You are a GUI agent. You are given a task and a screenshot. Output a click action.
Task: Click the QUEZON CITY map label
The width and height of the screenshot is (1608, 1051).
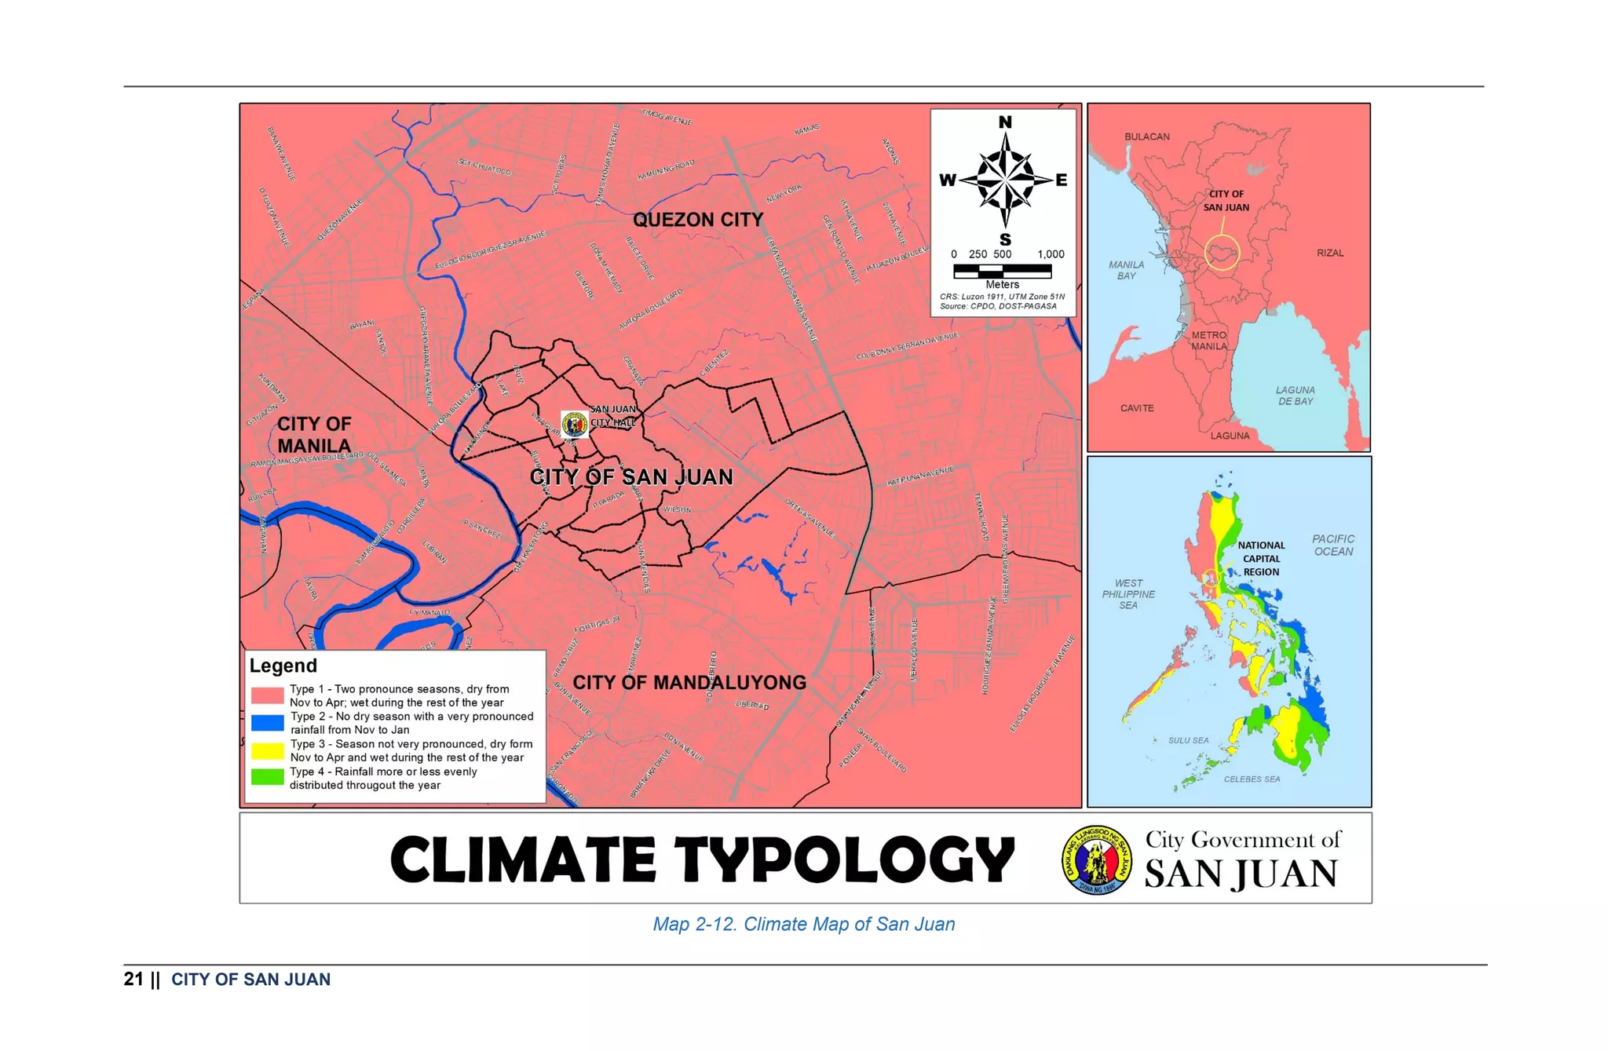click(698, 220)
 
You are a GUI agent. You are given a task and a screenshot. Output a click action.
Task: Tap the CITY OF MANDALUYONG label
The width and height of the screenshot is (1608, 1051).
click(689, 682)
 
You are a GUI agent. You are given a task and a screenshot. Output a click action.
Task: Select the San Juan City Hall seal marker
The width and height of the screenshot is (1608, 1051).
click(575, 425)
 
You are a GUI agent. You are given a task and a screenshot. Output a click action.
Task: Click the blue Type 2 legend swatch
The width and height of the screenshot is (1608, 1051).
click(267, 723)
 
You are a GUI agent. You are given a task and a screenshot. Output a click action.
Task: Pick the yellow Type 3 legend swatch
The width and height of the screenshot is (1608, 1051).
click(267, 750)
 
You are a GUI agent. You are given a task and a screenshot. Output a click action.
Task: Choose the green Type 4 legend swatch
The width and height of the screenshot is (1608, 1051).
click(267, 777)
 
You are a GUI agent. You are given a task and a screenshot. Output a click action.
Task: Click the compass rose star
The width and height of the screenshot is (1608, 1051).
click(1005, 180)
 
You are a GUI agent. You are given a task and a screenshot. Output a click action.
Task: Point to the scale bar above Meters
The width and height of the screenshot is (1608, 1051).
click(1002, 271)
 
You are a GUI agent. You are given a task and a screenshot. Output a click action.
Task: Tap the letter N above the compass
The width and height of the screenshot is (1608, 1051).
click(1005, 122)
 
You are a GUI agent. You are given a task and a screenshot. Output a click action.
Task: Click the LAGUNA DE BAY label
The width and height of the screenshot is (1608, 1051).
click(1295, 396)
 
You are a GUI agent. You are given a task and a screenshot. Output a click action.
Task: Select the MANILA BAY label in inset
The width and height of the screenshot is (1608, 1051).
click(1126, 270)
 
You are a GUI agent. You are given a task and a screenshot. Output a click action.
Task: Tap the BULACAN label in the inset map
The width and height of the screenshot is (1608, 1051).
click(1146, 137)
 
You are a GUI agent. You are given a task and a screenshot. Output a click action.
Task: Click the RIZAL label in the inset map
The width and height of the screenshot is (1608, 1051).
click(1330, 253)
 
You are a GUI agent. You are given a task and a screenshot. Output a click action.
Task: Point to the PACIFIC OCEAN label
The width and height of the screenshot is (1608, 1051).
click(1333, 545)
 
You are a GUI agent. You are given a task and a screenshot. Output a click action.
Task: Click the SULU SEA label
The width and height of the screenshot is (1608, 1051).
click(1188, 740)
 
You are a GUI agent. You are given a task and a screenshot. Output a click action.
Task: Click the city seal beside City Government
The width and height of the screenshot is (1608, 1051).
click(1097, 860)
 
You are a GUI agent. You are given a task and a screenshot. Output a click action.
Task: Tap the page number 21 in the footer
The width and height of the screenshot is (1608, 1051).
click(133, 979)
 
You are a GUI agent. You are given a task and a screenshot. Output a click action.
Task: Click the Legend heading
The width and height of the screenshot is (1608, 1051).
click(283, 666)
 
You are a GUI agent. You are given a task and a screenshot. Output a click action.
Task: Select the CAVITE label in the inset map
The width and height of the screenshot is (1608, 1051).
click(1137, 408)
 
